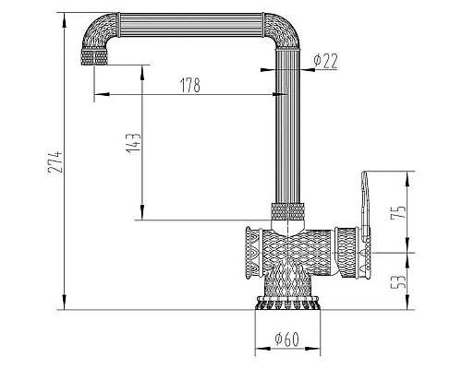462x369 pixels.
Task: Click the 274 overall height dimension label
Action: pyautogui.click(x=55, y=161)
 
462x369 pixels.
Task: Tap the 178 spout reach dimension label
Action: pyautogui.click(x=190, y=85)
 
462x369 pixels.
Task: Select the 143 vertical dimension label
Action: pyautogui.click(x=133, y=143)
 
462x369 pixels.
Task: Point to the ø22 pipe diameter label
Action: pyautogui.click(x=325, y=61)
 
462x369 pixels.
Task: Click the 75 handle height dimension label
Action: pyautogui.click(x=398, y=212)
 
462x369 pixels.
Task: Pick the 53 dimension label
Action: pyautogui.click(x=398, y=281)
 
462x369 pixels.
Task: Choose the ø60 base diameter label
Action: pyautogui.click(x=286, y=339)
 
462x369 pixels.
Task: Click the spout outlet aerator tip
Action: pyautogui.click(x=94, y=57)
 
